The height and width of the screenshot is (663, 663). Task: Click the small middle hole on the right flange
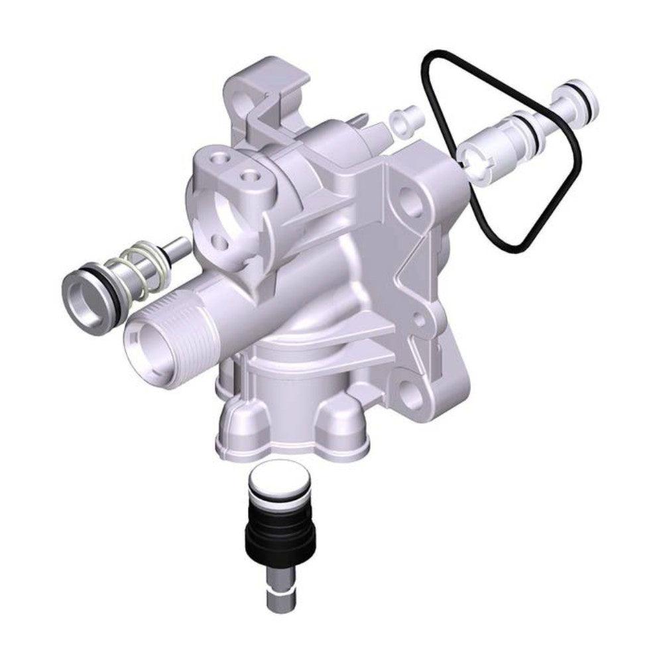[x=419, y=320]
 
